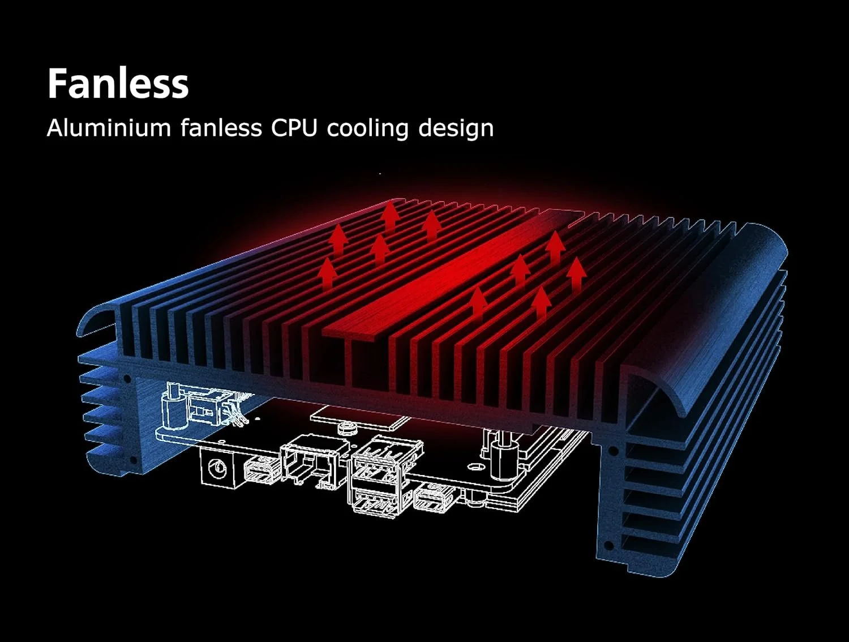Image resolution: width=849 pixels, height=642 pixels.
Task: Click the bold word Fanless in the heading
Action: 118,84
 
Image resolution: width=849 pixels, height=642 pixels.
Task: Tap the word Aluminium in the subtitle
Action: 109,128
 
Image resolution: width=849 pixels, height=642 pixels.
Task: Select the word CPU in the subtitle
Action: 294,128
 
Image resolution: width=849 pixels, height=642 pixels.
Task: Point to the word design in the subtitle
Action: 456,128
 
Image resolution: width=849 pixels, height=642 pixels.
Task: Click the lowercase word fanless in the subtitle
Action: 221,128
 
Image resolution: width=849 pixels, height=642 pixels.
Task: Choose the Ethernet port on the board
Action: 310,460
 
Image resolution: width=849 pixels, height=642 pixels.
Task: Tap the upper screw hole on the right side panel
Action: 613,451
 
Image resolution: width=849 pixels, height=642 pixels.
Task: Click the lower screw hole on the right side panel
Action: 608,546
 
